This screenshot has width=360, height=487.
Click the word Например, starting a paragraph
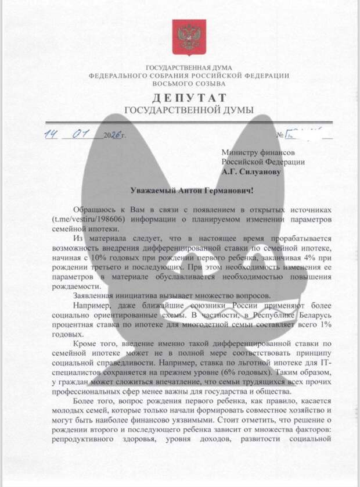[x=94, y=305]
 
